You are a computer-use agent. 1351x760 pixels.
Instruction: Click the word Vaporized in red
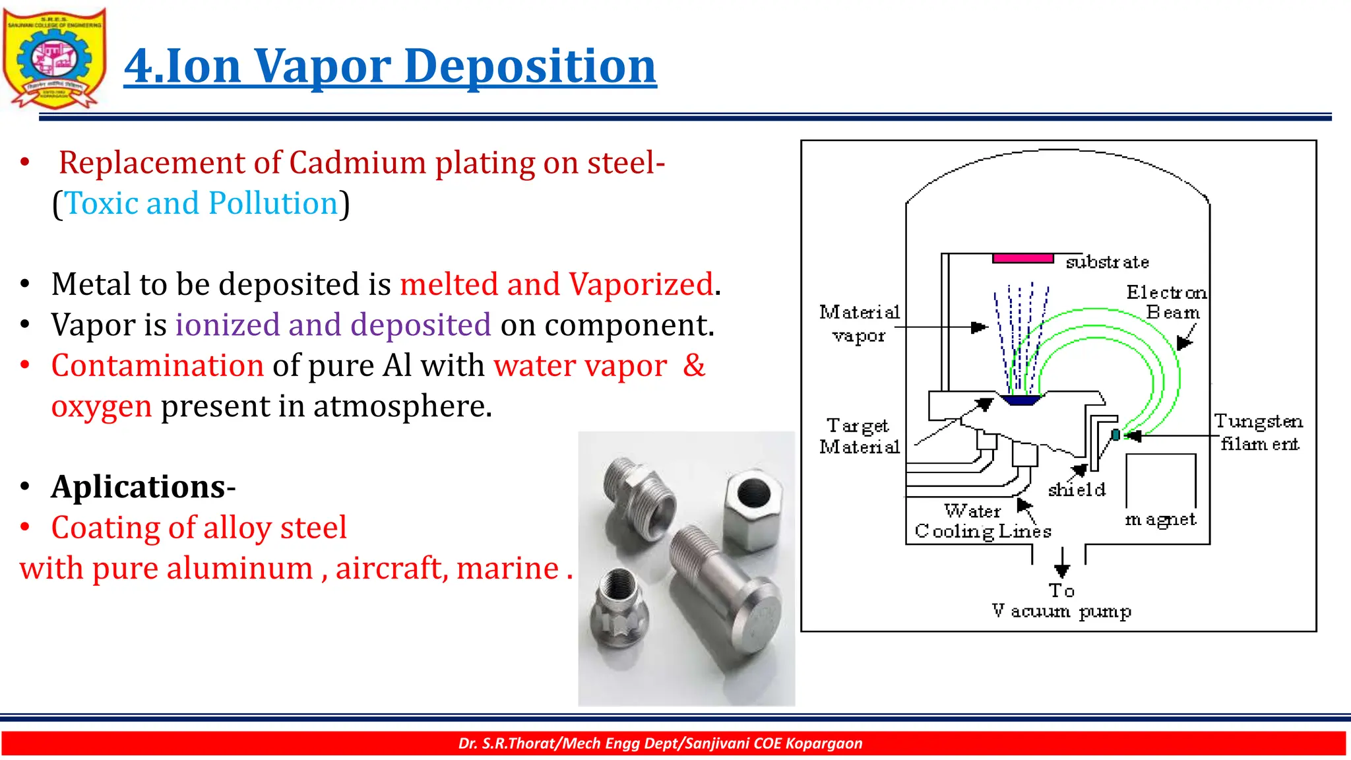click(x=641, y=284)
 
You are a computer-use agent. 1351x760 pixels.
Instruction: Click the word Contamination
click(x=158, y=365)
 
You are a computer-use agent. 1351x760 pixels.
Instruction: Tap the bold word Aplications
click(x=139, y=487)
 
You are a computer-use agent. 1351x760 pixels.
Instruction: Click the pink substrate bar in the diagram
click(x=1022, y=259)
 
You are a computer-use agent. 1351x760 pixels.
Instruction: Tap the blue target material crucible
click(x=1020, y=400)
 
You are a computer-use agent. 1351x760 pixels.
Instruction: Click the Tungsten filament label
click(x=1259, y=432)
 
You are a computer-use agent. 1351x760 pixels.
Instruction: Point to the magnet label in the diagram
click(x=1160, y=520)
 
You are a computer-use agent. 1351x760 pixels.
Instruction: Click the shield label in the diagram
click(x=1077, y=490)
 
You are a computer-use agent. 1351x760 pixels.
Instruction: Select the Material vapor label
click(x=859, y=323)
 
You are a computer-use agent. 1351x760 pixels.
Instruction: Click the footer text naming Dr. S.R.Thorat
click(x=660, y=744)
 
